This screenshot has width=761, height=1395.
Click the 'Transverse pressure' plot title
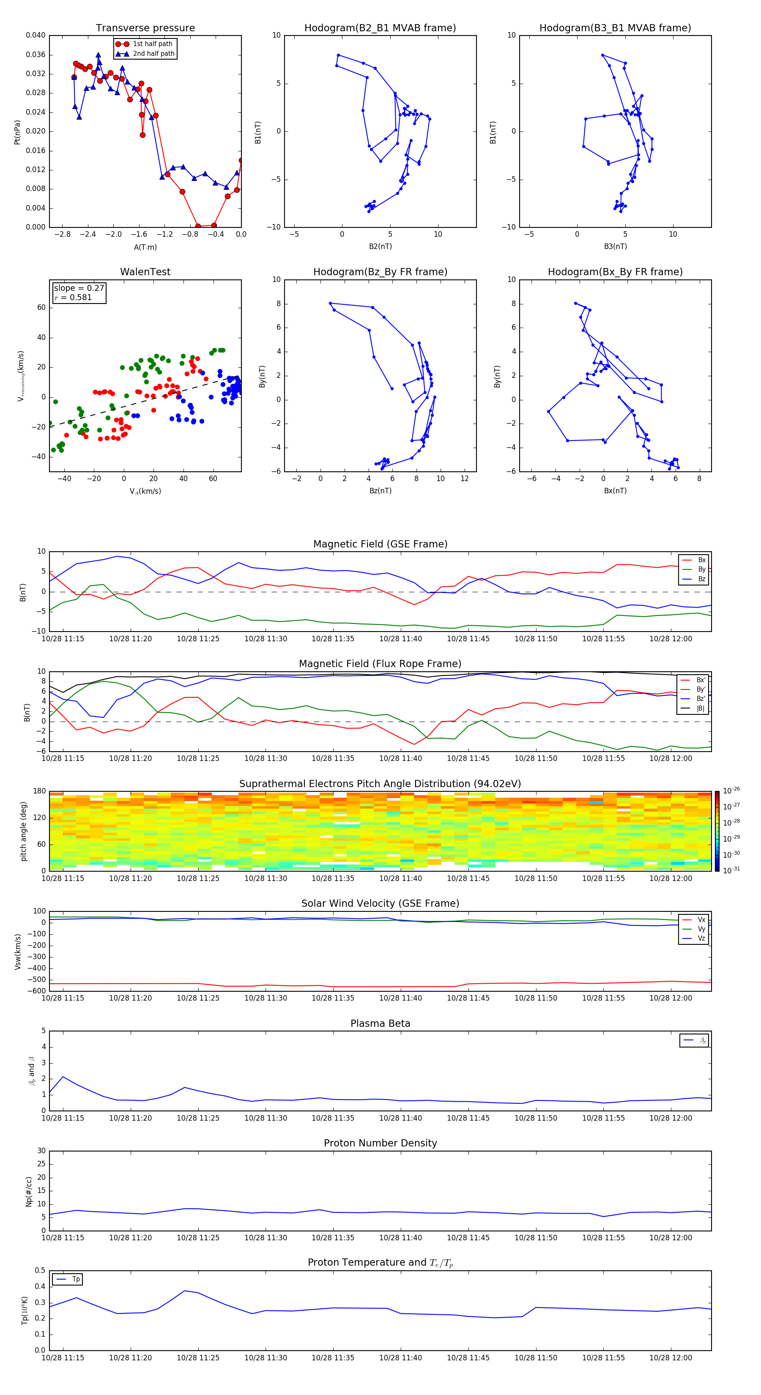(x=145, y=28)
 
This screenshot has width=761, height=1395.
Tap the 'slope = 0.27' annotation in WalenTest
(x=79, y=288)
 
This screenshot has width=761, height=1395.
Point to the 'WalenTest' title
(x=145, y=272)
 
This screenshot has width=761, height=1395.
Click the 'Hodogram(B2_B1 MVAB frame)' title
(x=380, y=28)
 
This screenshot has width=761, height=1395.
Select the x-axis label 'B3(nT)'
(x=615, y=246)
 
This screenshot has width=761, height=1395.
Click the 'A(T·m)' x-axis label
(x=145, y=247)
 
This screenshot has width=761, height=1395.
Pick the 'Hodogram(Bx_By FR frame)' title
(x=615, y=272)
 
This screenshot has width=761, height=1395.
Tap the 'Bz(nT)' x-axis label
(x=380, y=491)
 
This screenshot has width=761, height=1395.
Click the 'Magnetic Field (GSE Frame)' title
(x=380, y=544)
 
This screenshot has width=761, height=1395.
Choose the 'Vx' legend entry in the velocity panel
(x=701, y=919)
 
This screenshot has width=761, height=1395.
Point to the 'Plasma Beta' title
(x=380, y=1023)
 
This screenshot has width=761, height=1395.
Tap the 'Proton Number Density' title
(x=380, y=1143)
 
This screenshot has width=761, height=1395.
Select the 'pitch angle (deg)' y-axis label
(x=23, y=831)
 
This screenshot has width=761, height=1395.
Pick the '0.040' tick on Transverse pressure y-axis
(x=36, y=35)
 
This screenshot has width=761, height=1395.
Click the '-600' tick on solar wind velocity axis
(x=37, y=991)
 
